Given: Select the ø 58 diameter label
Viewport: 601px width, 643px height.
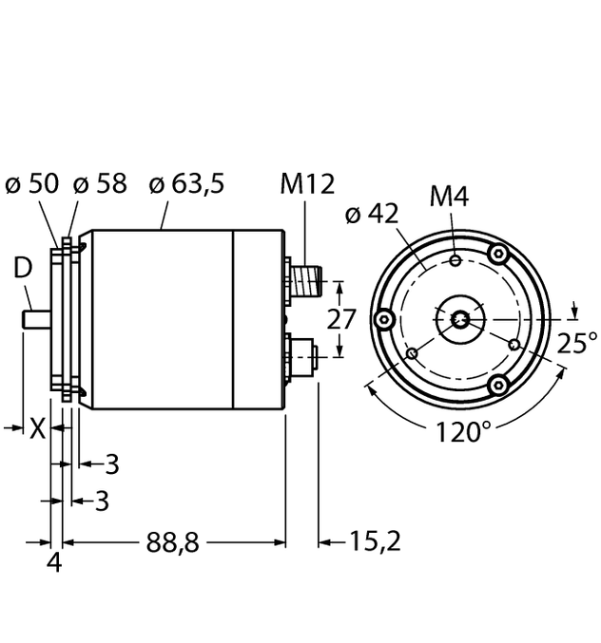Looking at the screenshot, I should [100, 183].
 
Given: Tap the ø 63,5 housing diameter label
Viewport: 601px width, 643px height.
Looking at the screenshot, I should [187, 183].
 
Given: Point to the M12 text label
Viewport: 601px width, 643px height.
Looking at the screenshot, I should [306, 183].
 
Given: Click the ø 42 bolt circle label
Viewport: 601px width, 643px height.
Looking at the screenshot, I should [371, 215].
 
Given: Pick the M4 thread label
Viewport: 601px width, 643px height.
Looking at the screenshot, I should [450, 197].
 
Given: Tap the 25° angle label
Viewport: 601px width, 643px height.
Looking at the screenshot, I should [578, 342].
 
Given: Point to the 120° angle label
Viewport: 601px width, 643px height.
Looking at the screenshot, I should [464, 434].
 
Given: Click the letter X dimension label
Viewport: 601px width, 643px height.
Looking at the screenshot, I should [36, 429].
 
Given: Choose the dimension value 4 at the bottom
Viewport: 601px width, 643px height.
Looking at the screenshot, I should [54, 562].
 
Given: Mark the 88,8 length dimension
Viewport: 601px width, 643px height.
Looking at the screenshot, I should [172, 542].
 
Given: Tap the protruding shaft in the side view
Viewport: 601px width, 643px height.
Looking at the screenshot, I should [35, 319].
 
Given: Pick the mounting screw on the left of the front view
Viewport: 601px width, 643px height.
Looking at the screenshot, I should [384, 319].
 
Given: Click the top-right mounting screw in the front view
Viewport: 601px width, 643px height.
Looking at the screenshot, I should [496, 254].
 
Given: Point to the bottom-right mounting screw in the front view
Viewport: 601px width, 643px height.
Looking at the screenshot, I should [496, 384].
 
